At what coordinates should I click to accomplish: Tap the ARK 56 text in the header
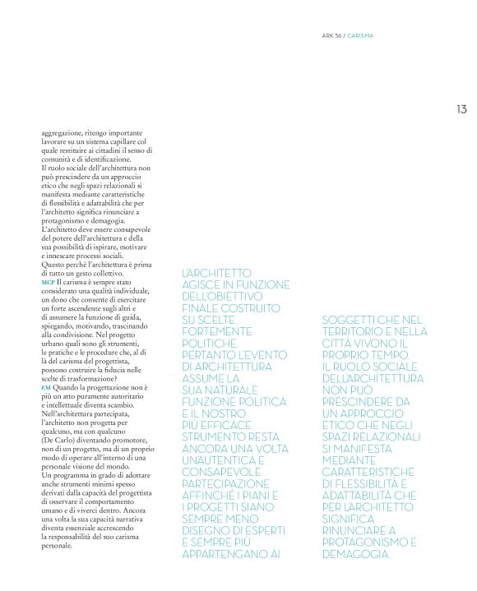[331, 36]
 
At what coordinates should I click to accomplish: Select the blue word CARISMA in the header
[362, 36]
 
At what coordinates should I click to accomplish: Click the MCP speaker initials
[48, 282]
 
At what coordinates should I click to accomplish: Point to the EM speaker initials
[45, 386]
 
